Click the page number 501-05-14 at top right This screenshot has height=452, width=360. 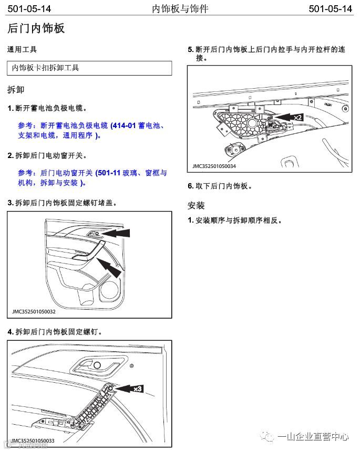coord(330,9)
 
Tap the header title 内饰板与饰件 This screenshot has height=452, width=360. coord(180,9)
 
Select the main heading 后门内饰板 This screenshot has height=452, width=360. coord(36,28)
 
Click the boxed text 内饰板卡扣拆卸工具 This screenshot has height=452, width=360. coord(46,68)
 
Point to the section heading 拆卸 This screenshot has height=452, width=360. coord(16,90)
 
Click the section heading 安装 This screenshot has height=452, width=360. coord(196,205)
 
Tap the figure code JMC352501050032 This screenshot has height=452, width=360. coord(34,311)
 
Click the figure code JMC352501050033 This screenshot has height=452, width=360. coord(33,440)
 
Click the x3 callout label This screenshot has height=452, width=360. coord(138,389)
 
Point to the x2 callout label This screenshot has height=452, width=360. coord(297,118)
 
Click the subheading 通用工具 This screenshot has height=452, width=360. coord(22,50)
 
